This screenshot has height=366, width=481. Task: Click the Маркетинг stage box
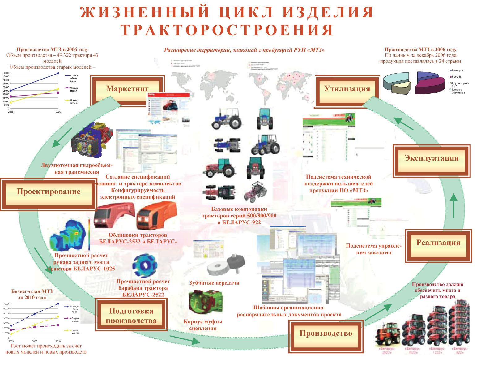127,89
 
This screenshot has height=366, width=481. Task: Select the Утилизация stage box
347,89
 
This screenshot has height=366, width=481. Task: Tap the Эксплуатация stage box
431,158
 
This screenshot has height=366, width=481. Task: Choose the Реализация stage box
438,243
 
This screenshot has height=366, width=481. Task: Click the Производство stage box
326,334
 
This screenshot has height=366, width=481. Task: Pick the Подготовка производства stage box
131,316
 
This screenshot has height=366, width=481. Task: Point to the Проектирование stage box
49,192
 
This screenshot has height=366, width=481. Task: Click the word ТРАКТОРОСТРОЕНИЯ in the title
227,30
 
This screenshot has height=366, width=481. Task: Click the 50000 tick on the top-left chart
6,73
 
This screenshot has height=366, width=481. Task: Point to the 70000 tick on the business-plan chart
6,304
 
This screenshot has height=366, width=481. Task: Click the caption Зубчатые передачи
214,283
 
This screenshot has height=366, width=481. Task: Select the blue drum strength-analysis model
145,265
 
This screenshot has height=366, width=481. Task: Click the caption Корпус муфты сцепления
203,325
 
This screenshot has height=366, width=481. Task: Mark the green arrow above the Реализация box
453,205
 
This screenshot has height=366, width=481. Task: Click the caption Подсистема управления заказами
373,249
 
